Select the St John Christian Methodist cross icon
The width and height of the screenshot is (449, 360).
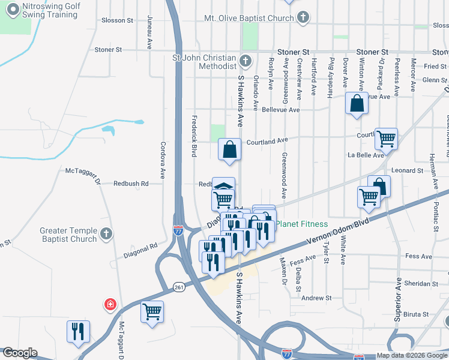coord(245,61)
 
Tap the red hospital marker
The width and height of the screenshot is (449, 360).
coord(110,305)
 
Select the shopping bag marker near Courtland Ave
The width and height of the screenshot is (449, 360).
coord(230,149)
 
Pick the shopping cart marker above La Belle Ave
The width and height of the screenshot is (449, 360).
coord(386,139)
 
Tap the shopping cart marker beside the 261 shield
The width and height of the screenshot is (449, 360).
coord(152,311)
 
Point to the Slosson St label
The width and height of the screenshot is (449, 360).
coord(117,20)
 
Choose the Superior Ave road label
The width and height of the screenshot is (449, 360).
coord(397,301)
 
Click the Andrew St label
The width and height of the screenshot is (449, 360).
coord(316,298)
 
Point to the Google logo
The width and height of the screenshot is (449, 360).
coord(20,353)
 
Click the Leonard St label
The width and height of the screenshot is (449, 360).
coord(407,170)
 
